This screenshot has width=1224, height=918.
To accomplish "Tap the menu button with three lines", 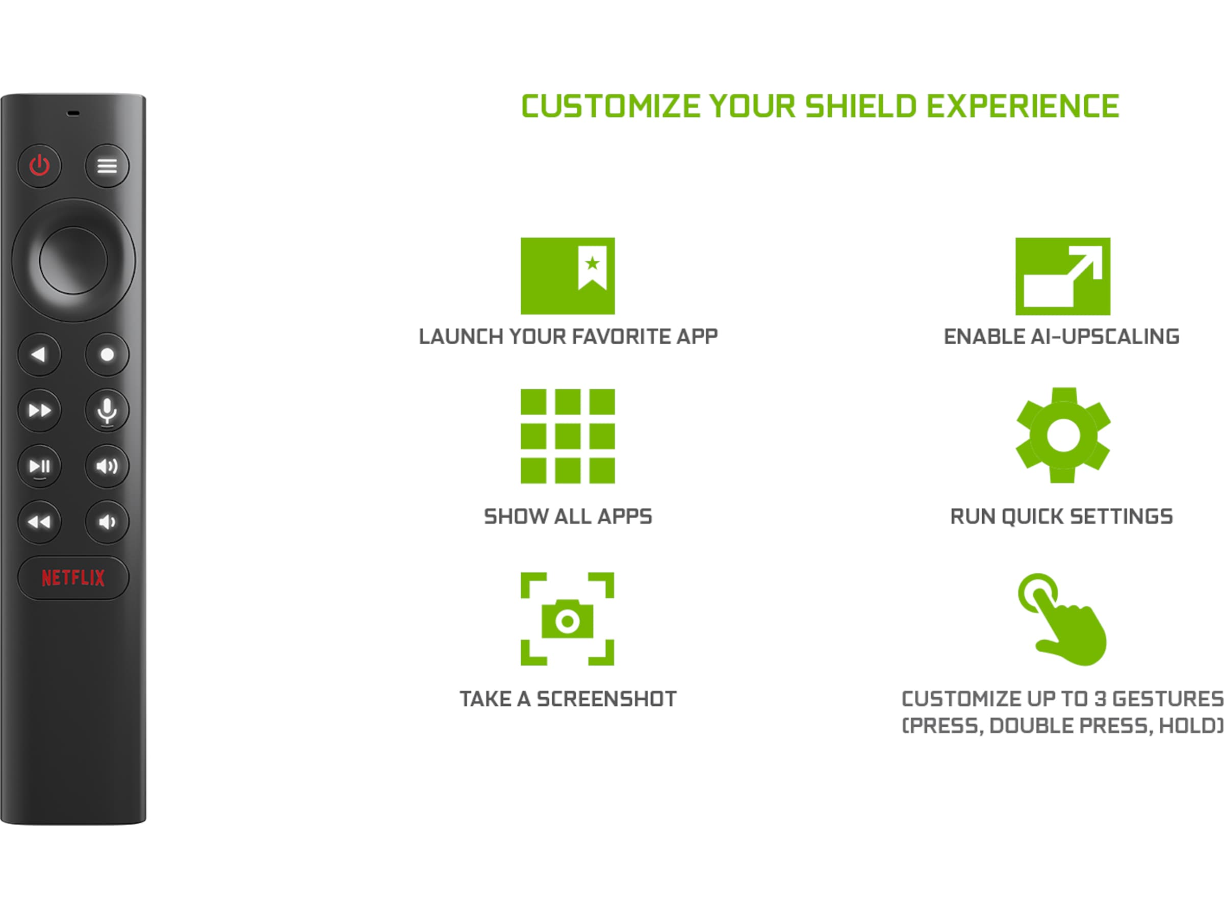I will pos(107,165).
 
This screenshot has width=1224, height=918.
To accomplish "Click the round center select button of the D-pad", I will pos(73,260).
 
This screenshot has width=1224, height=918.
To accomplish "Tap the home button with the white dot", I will pos(107,354).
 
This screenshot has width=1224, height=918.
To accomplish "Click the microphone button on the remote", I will pos(107,411).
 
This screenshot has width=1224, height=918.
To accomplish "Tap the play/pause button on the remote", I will pos(39,467).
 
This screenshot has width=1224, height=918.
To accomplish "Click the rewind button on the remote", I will pos(39,522).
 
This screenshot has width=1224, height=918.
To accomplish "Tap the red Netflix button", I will pos(73,578).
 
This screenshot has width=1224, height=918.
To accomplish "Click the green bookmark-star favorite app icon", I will pos(567,275).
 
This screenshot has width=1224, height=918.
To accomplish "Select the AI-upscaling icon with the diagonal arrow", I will pos(1062,276).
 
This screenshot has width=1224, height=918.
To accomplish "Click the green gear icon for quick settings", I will pos(1062,435).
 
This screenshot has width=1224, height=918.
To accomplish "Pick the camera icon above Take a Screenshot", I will pos(567,619).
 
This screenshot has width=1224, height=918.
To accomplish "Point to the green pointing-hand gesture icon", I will pos(1062,620).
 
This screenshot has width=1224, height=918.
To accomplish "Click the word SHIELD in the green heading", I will pos(861,106).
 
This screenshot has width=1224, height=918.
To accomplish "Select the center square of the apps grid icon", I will pos(567,436).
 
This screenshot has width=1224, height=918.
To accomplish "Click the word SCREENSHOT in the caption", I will pos(606,699).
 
